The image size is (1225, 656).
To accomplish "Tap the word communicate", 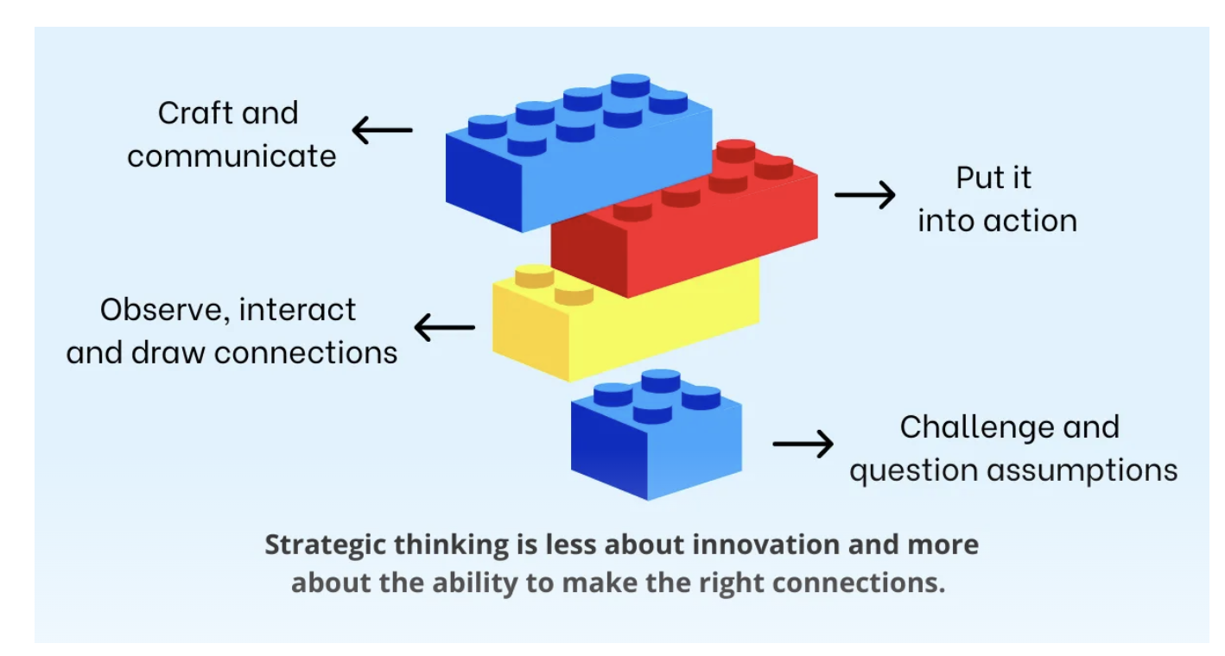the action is (x=232, y=156).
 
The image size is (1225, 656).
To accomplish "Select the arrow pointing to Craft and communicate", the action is (x=382, y=130).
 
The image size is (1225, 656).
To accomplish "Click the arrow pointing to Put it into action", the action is (x=865, y=194).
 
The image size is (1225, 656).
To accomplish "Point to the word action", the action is (x=1031, y=221).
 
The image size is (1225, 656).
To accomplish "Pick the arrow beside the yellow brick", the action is (x=445, y=327).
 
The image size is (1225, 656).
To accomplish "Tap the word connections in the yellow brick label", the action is (x=306, y=353).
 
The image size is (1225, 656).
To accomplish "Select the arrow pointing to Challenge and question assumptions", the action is (x=803, y=444).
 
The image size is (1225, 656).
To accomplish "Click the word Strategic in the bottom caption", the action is (x=326, y=546).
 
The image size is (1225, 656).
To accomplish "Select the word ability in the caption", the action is (x=474, y=583).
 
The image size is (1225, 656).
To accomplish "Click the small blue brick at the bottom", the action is (x=657, y=437).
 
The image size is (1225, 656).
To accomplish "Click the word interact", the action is (x=297, y=310).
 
